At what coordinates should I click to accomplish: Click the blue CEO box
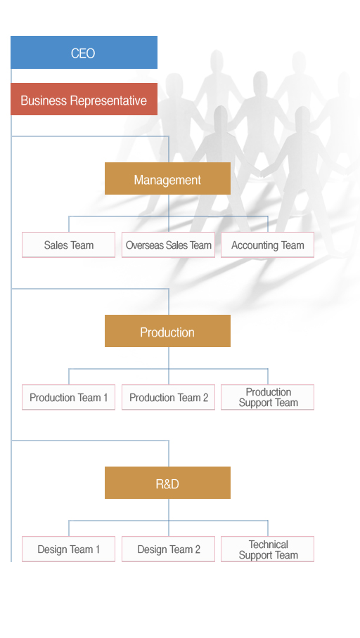[x=84, y=53]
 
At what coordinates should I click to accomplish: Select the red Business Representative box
[x=84, y=99]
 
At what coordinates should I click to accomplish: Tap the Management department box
[x=167, y=178]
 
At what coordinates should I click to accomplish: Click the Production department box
[x=167, y=331]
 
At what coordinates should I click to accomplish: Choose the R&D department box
[x=167, y=483]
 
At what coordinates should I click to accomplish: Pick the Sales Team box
[x=68, y=245]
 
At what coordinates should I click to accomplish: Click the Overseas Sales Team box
[x=168, y=245]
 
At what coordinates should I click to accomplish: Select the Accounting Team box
[x=268, y=245]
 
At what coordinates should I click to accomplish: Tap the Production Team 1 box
[x=68, y=397]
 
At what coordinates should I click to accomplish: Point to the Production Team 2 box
[x=168, y=397]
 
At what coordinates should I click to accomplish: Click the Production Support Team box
[x=268, y=397]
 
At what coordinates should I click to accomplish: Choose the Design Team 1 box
[x=68, y=549]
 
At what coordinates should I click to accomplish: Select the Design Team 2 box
[x=168, y=549]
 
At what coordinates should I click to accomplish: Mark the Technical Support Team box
[x=268, y=549]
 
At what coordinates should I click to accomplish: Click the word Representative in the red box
[x=108, y=100]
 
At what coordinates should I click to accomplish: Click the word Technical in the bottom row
[x=269, y=545]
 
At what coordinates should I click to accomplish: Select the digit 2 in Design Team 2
[x=198, y=549]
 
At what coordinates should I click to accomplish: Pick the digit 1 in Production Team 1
[x=105, y=398]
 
